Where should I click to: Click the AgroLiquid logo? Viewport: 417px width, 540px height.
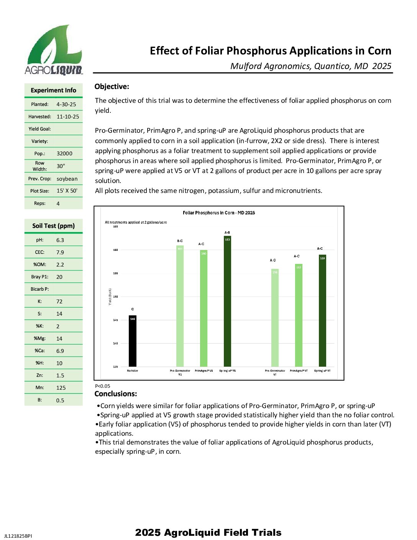pos(54,50)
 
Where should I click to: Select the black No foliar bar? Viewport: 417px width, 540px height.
pos(132,341)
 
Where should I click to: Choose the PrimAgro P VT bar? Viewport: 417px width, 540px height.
pos(299,315)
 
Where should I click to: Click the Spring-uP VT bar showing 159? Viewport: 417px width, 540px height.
pos(322,311)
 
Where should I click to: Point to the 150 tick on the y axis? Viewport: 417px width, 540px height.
pos(115,297)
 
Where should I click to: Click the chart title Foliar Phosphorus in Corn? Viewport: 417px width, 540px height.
pos(219,213)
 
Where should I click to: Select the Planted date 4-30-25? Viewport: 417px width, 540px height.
pos(66,104)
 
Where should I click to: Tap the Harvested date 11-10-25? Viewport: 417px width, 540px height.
pos(68,117)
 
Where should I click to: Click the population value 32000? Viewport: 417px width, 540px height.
pos(64,153)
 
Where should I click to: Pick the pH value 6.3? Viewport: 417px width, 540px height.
pos(60,240)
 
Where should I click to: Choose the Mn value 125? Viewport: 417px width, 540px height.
pos(61,388)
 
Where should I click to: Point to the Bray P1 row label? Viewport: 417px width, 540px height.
pos(40,277)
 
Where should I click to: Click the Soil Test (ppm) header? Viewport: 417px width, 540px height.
pos(54,226)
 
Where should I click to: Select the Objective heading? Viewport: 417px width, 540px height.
pos(112,87)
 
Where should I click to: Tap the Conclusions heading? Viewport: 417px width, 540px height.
pos(116,394)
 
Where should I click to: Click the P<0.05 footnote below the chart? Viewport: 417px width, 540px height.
pos(103,386)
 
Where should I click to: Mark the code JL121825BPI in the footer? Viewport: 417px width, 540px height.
pos(18,536)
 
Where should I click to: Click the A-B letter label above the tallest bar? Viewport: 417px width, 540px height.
pos(227,232)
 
